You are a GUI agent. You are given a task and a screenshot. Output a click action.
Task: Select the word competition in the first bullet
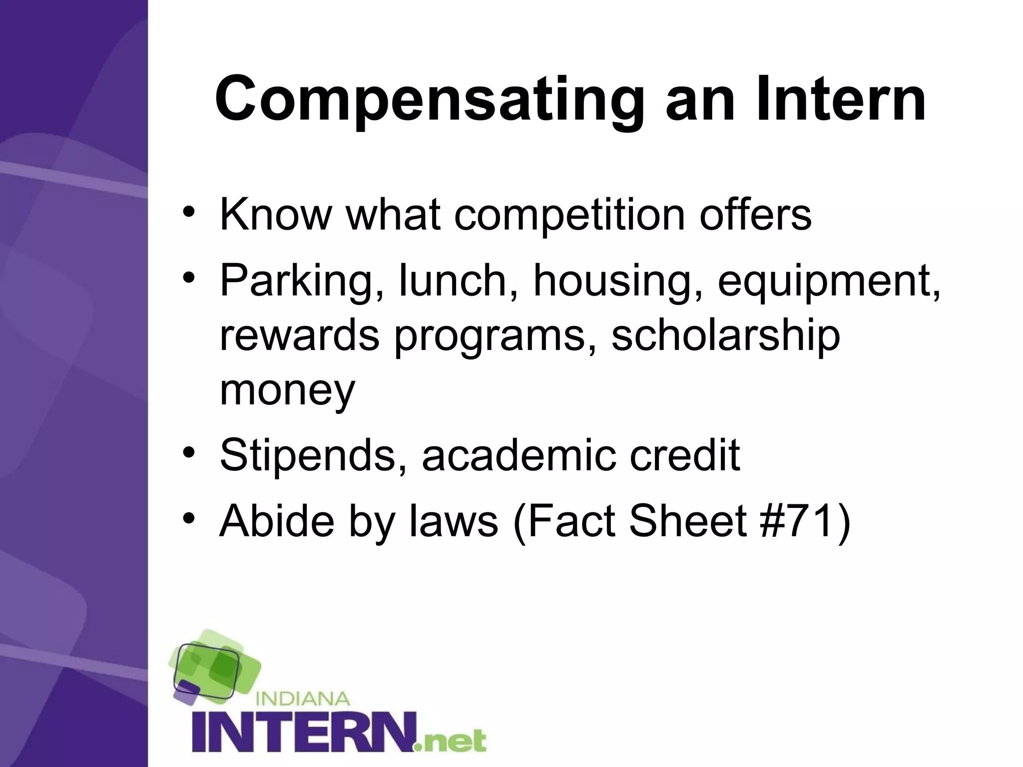[569, 215]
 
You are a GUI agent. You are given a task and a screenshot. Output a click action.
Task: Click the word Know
[276, 215]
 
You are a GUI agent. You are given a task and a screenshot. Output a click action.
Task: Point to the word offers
[755, 215]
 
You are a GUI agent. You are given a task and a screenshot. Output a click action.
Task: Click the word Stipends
[308, 455]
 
